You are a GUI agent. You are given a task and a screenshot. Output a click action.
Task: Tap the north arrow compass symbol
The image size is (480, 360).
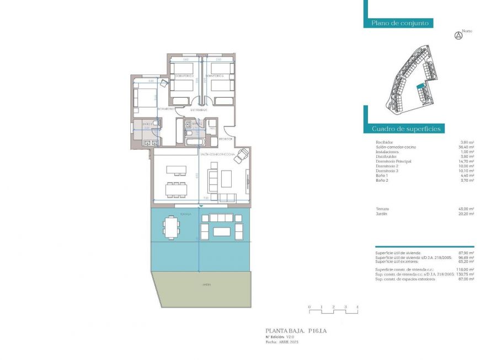click(457, 36)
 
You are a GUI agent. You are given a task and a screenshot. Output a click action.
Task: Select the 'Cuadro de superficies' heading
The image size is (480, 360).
click(406, 129)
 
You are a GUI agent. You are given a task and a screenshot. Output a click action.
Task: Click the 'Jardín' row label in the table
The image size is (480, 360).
click(382, 213)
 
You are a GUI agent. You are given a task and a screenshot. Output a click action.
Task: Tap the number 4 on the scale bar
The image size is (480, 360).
click(357, 306)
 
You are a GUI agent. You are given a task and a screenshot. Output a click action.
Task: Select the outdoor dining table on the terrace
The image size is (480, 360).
click(172, 226)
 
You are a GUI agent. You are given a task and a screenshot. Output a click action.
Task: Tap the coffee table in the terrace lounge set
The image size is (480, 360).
click(221, 231)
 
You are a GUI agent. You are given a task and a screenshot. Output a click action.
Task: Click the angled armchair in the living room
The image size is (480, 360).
click(241, 159)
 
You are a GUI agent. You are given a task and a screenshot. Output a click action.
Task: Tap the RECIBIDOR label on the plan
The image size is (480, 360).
click(226, 139)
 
